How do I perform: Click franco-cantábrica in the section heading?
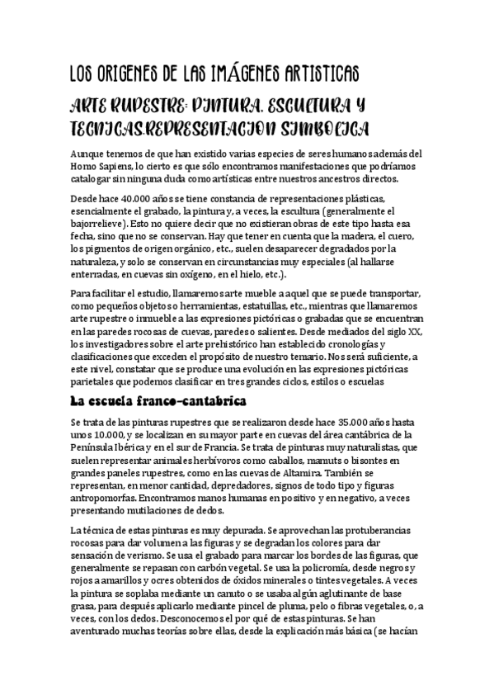point(176,403)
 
